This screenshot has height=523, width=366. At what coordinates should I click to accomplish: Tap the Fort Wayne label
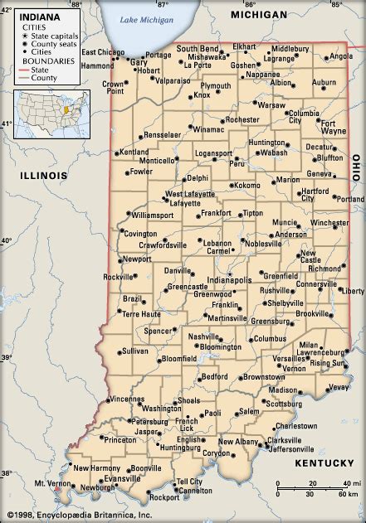tap(334, 125)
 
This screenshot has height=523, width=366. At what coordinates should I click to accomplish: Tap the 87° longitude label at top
tap(163, 5)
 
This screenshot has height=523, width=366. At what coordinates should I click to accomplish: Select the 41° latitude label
tap(7, 123)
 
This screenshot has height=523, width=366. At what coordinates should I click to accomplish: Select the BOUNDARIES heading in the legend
tap(48, 61)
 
